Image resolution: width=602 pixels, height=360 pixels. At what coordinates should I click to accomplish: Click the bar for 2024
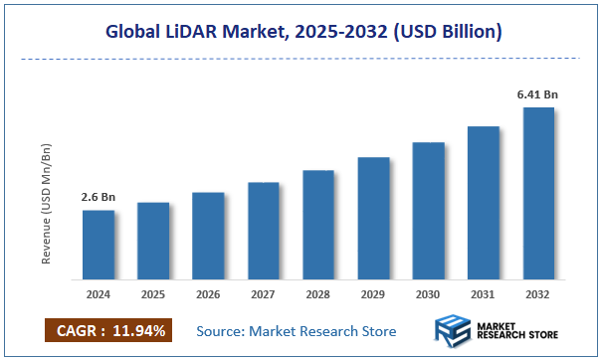98,245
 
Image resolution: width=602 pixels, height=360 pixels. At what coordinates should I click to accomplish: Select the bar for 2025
153,241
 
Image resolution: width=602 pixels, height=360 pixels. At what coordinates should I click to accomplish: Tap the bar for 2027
263,231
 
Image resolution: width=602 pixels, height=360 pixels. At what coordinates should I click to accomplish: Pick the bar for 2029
373,218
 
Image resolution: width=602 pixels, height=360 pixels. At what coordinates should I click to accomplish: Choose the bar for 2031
483,203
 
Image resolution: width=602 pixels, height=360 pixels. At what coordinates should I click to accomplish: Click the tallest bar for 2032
537,193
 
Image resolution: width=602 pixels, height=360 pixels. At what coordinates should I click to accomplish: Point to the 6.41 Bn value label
537,94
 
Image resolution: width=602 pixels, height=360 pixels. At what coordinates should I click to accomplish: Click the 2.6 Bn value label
98,197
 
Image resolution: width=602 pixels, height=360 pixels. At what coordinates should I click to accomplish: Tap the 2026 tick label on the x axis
208,295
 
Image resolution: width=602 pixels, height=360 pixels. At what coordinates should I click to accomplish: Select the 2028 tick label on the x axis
317,295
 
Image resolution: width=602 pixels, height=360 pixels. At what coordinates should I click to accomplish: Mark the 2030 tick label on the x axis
428,295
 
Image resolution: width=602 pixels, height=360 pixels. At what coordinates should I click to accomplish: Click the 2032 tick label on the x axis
537,295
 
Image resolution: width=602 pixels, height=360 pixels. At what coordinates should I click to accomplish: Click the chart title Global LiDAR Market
301,33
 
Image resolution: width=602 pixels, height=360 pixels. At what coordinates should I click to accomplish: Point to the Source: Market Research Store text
296,330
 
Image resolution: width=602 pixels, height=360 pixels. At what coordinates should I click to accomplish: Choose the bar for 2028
317,225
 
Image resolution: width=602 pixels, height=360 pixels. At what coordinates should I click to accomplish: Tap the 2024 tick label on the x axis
98,295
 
